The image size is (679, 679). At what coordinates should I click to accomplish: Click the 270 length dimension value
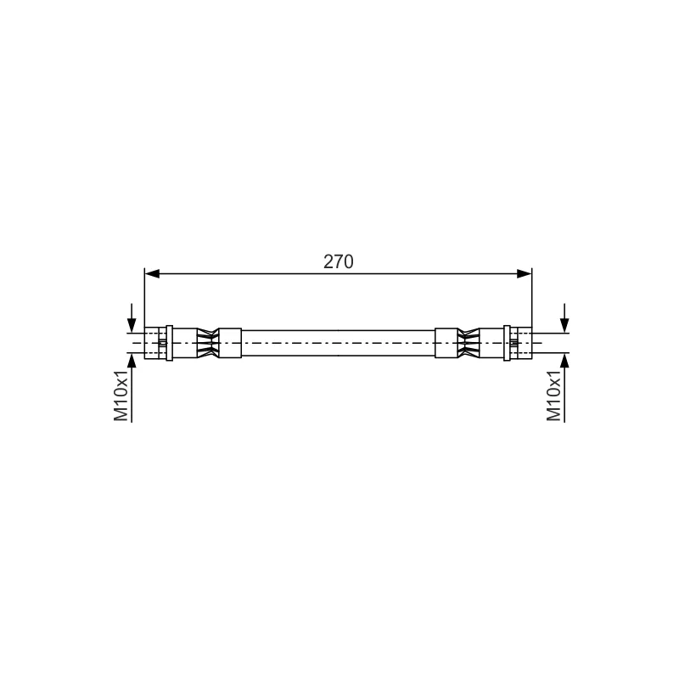[x=338, y=262]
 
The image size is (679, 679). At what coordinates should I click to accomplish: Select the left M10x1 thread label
[x=121, y=395]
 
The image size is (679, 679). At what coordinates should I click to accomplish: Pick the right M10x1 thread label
[x=554, y=395]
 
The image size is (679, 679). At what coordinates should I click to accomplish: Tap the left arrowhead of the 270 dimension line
[x=152, y=273]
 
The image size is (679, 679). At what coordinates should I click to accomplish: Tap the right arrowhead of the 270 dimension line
[x=525, y=273]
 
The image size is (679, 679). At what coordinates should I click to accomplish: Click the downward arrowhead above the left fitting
[x=132, y=326]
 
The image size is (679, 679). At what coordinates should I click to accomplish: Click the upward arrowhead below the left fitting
[x=132, y=360]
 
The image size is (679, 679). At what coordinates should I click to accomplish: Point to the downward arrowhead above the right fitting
[x=564, y=326]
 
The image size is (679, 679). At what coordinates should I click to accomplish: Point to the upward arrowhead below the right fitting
[x=564, y=360]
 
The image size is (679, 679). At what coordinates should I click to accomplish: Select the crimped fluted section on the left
[x=208, y=343]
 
